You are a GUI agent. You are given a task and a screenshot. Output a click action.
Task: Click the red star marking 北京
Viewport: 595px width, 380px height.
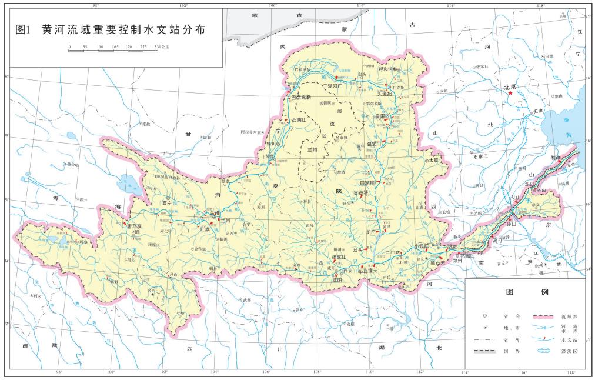pyautogui.click(x=510, y=94)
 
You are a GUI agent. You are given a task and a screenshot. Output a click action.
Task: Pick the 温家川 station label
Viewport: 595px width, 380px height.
pyautogui.click(x=375, y=142)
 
